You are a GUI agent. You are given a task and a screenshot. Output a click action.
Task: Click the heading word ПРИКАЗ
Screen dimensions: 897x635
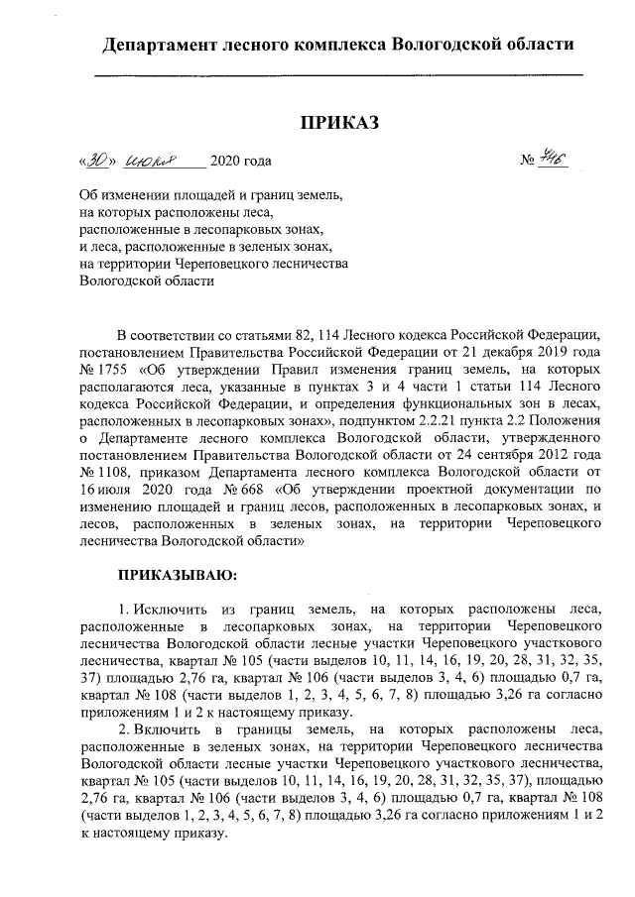pos(339,122)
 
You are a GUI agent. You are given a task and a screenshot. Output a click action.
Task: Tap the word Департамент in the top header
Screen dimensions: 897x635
pos(164,45)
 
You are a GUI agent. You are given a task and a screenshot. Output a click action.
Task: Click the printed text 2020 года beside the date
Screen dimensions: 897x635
pos(240,161)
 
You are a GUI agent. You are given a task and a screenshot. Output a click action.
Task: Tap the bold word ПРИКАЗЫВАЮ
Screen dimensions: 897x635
pos(177,573)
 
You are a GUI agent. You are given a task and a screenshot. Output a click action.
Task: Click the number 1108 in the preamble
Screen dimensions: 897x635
pos(110,471)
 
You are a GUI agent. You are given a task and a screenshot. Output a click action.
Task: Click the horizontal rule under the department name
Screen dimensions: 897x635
pos(338,75)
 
